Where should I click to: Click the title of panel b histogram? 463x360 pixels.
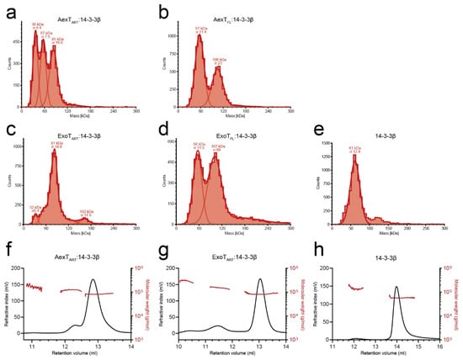point(228,16)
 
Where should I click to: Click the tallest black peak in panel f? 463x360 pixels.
point(93,280)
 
